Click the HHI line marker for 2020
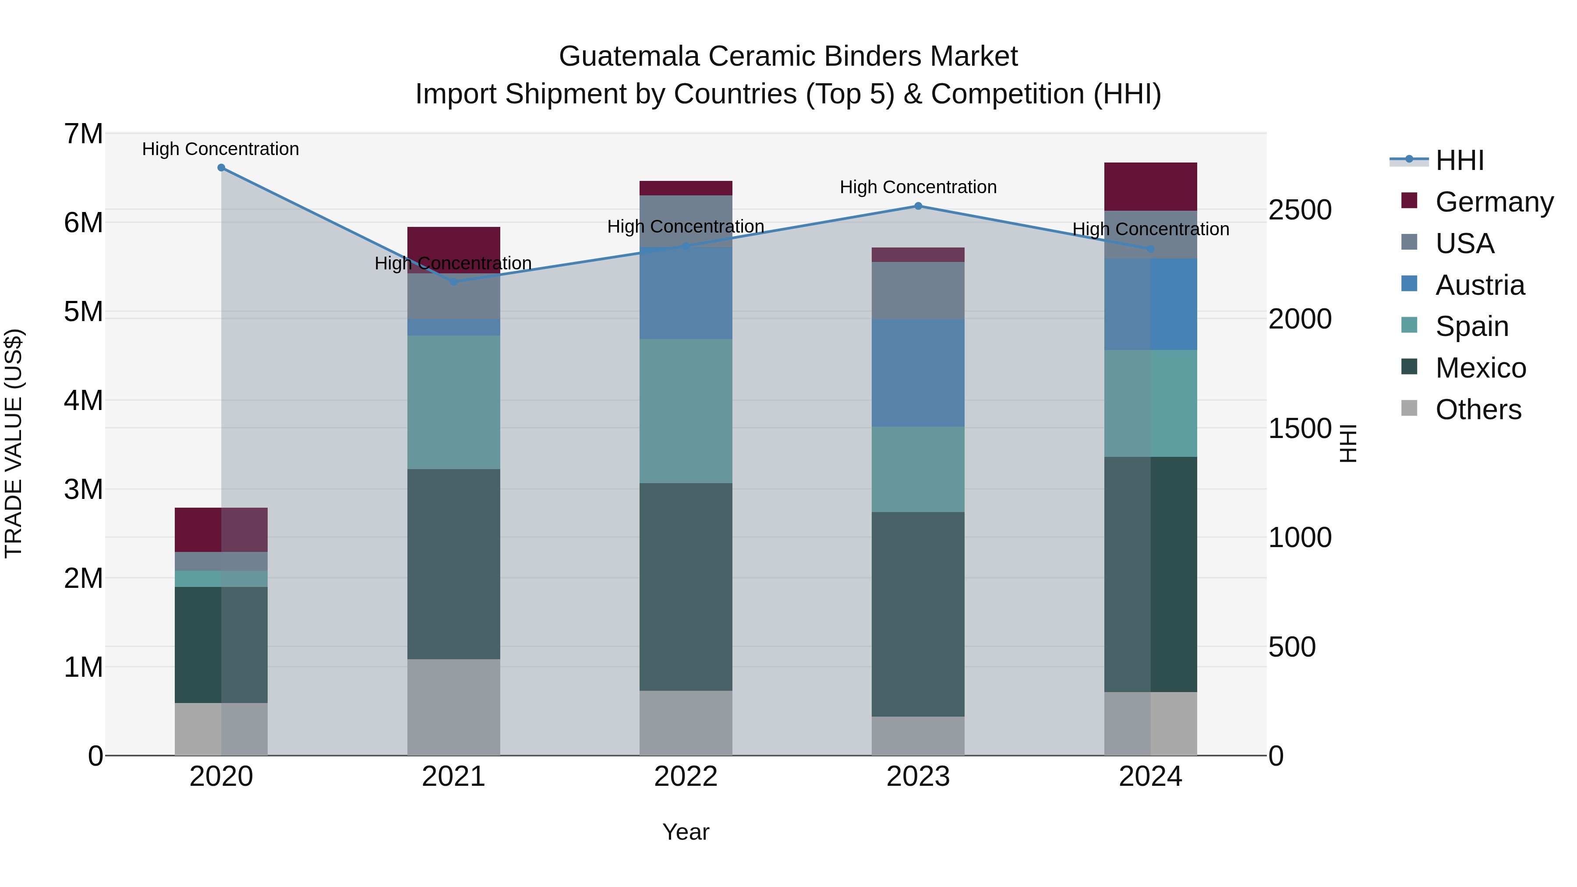221,168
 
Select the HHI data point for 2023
918,206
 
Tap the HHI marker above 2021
454,282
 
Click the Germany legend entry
1494,202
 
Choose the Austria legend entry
1480,285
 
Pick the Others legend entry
1478,410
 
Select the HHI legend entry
1460,160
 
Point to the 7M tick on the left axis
83,134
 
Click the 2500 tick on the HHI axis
1300,210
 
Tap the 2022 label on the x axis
686,777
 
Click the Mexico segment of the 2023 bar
918,614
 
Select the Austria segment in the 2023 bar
918,373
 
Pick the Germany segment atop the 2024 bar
1150,186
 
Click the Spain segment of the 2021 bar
454,402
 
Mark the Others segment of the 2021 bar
454,707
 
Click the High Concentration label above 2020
220,149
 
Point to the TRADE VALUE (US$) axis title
14,443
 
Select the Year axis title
686,832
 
